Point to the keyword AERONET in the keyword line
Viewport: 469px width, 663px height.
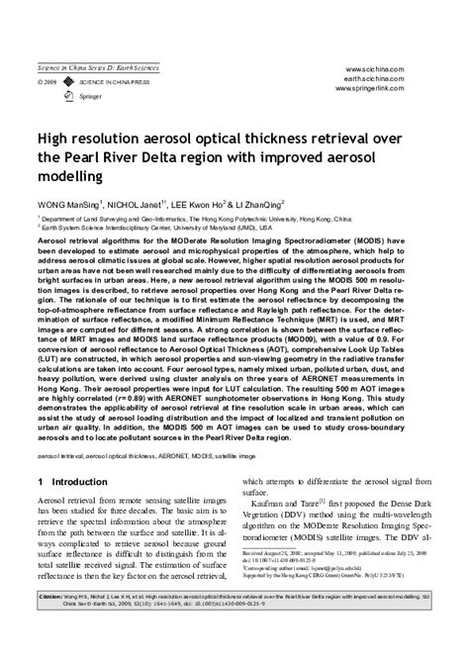[195, 458]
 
